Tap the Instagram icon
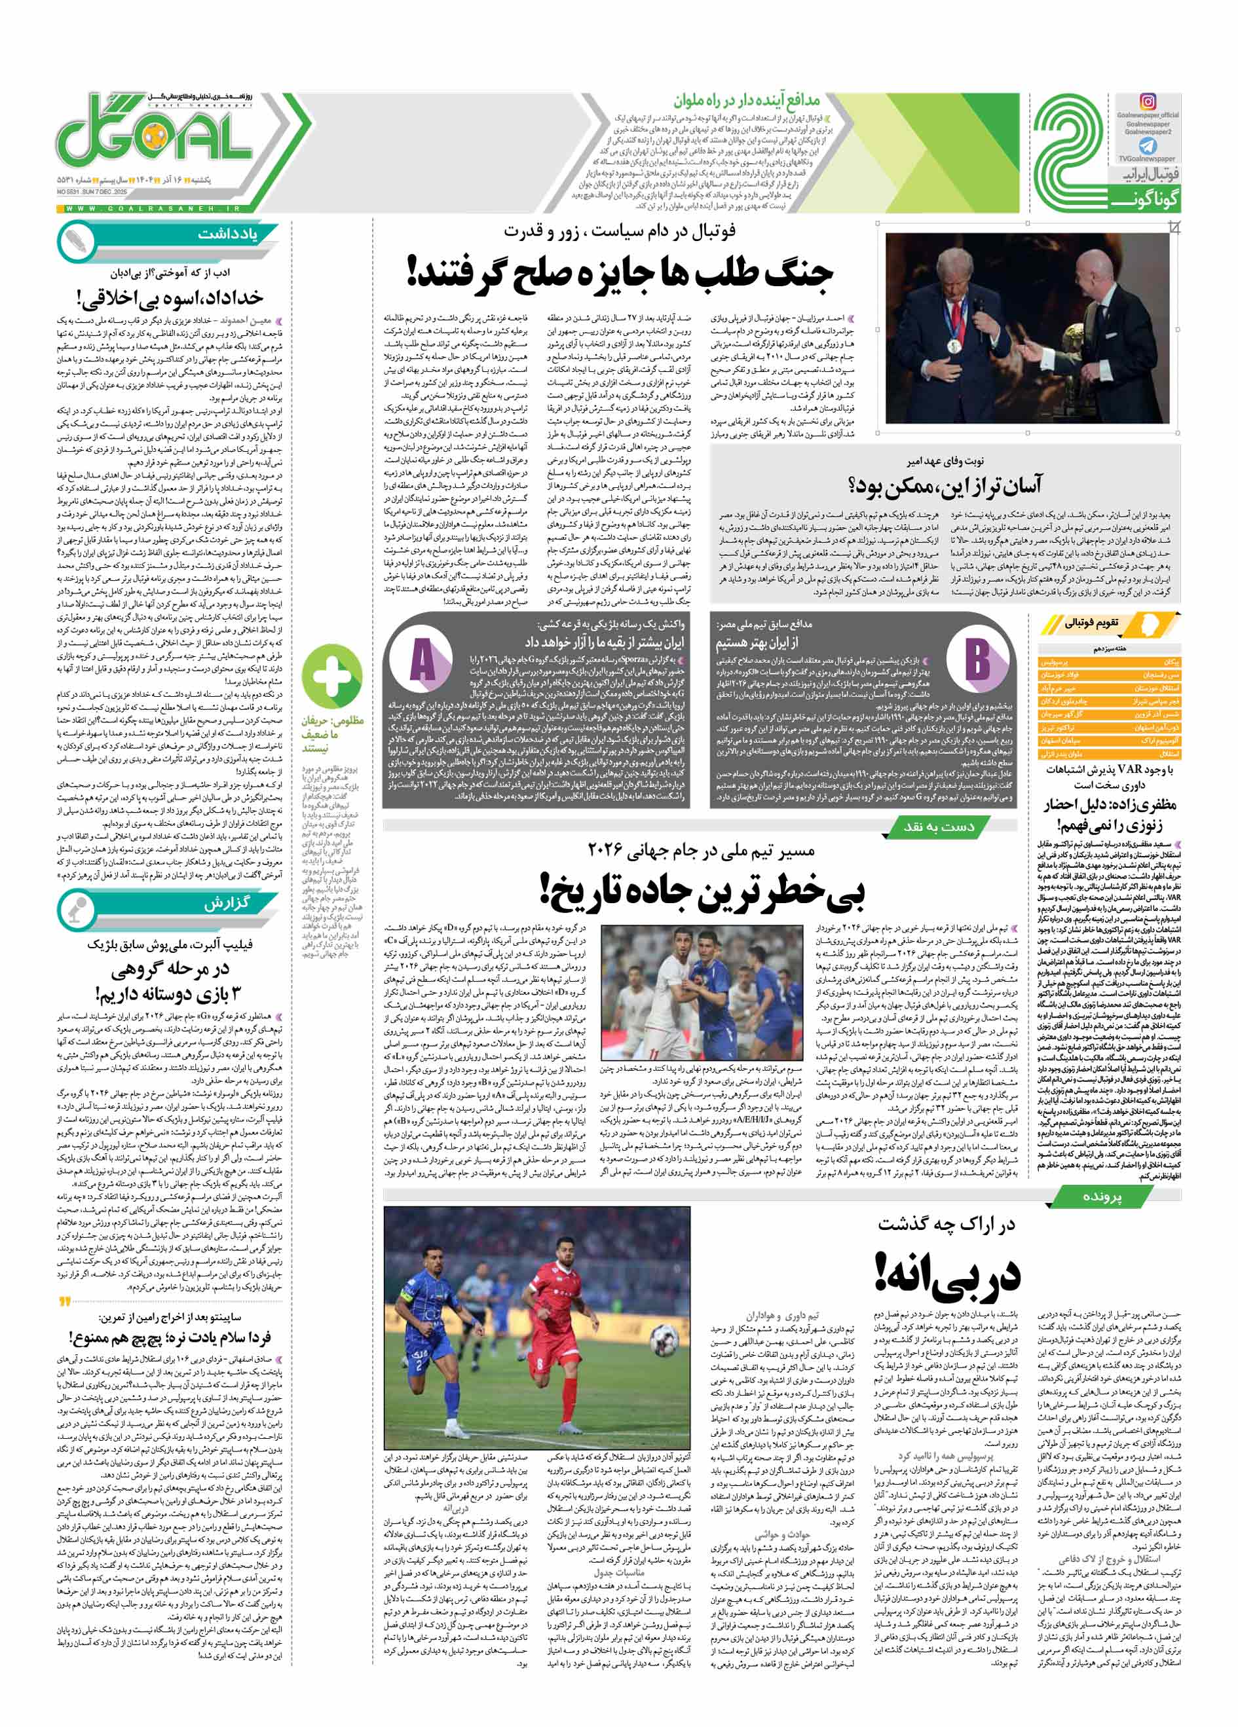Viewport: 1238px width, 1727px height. (1148, 102)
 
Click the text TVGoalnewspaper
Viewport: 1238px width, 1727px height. (1147, 159)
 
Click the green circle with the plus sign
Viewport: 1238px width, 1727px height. (332, 675)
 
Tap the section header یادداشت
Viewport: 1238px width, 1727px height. (227, 234)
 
